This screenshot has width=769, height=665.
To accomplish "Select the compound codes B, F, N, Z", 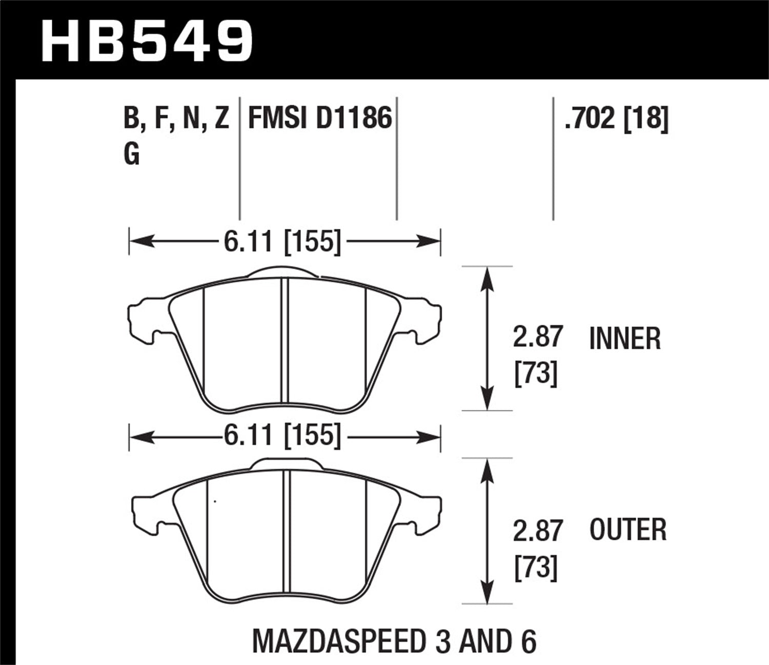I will [176, 119].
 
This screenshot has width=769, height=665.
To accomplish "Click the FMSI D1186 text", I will [320, 119].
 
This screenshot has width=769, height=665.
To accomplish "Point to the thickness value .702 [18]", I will [616, 119].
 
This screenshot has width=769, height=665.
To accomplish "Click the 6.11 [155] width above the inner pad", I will [282, 241].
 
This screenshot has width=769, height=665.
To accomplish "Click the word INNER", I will [625, 339].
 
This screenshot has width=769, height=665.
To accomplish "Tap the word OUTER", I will [628, 530].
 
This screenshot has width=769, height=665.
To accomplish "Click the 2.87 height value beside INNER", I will [538, 337].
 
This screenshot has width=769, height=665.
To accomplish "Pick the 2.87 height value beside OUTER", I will [538, 531].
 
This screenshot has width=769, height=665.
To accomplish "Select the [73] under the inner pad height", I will [535, 374].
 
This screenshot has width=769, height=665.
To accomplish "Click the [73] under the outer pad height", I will [535, 568].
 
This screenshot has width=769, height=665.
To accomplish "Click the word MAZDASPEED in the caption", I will [338, 640].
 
